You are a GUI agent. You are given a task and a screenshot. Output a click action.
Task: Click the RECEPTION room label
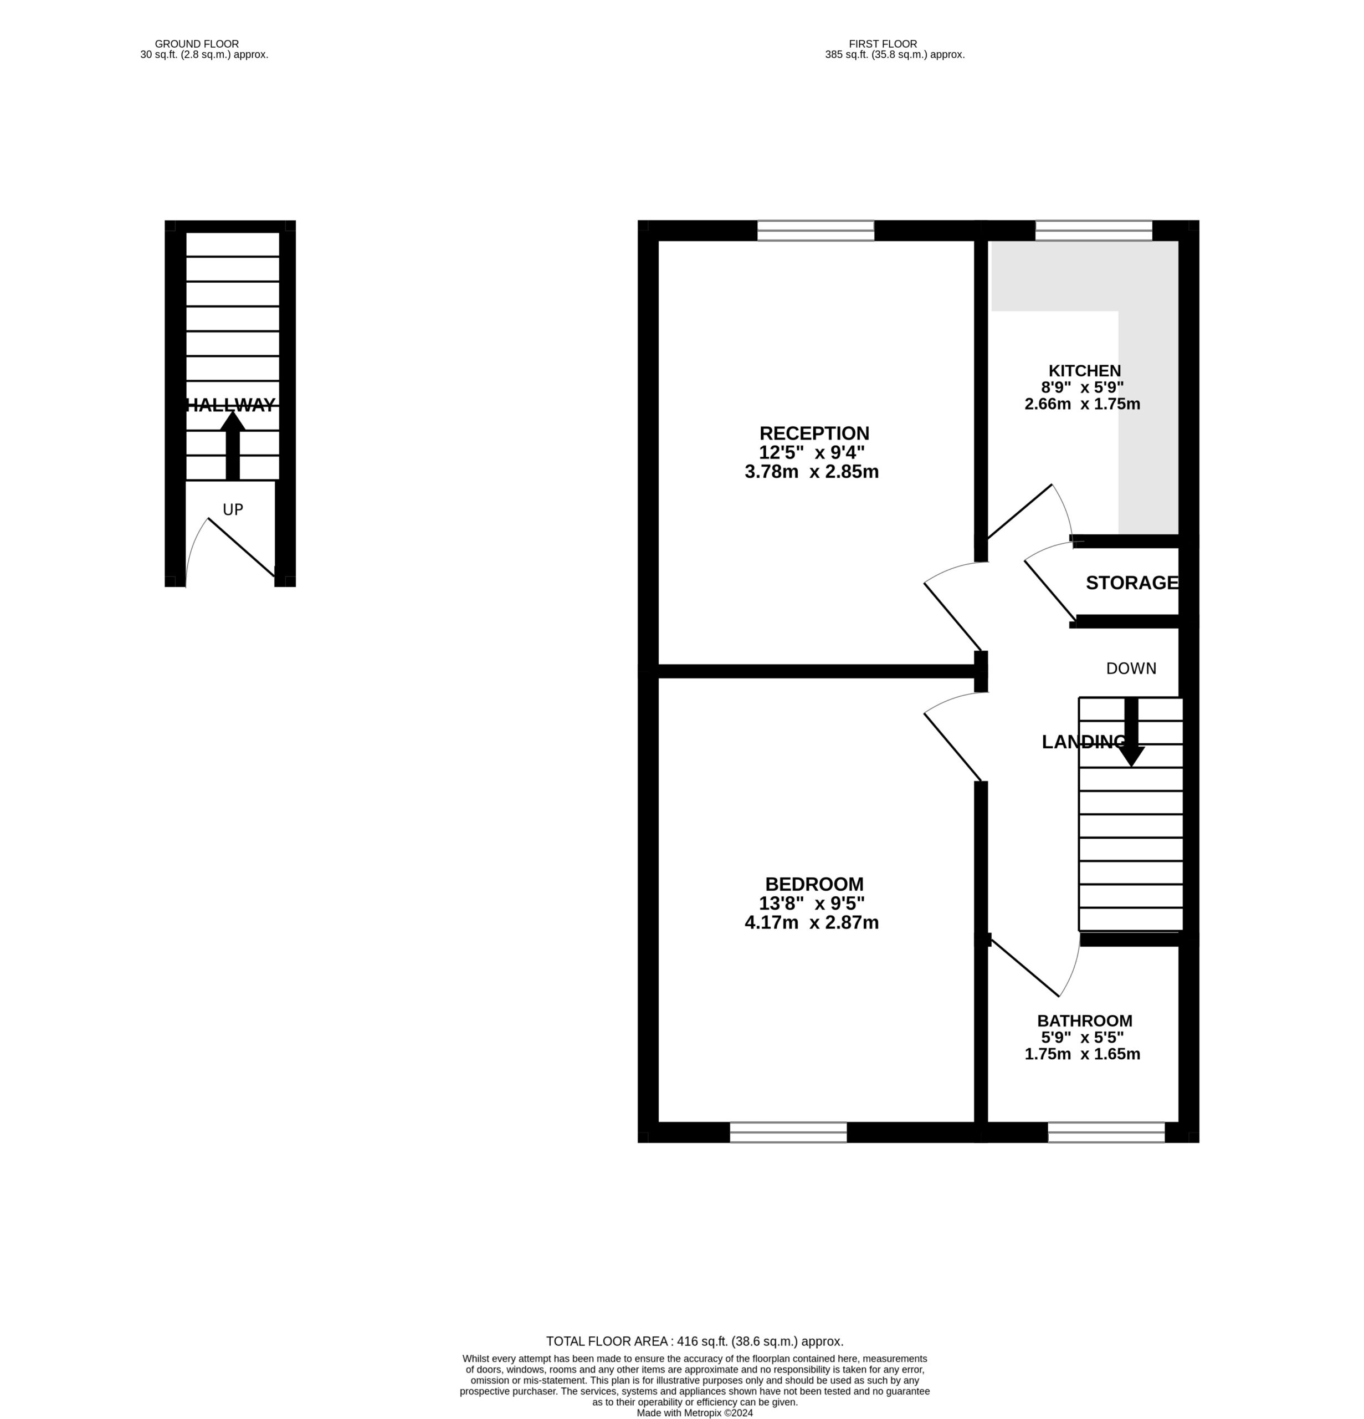click(x=814, y=433)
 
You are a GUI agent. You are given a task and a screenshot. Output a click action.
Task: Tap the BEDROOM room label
click(x=814, y=884)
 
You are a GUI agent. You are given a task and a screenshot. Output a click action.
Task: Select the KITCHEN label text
click(x=1085, y=371)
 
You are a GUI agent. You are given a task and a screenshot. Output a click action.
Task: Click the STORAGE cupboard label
click(x=1132, y=583)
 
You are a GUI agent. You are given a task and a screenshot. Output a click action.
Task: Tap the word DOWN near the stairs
click(x=1131, y=668)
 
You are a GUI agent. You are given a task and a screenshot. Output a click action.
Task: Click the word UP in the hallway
click(x=232, y=510)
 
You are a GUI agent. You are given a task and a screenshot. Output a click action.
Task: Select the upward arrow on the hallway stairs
click(x=232, y=445)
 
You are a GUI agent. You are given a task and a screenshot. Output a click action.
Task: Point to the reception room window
click(x=816, y=230)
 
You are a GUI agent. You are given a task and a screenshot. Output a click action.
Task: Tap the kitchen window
click(x=1094, y=230)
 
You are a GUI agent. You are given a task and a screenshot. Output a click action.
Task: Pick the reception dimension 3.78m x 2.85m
click(x=812, y=472)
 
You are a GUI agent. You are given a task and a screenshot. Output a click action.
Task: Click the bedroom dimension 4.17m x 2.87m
click(x=812, y=922)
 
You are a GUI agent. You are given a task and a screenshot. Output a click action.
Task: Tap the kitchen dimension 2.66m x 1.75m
click(x=1083, y=404)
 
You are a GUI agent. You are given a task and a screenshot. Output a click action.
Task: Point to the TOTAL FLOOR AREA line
click(x=695, y=1341)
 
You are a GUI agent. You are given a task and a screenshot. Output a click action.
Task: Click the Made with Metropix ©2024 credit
click(x=695, y=1412)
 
